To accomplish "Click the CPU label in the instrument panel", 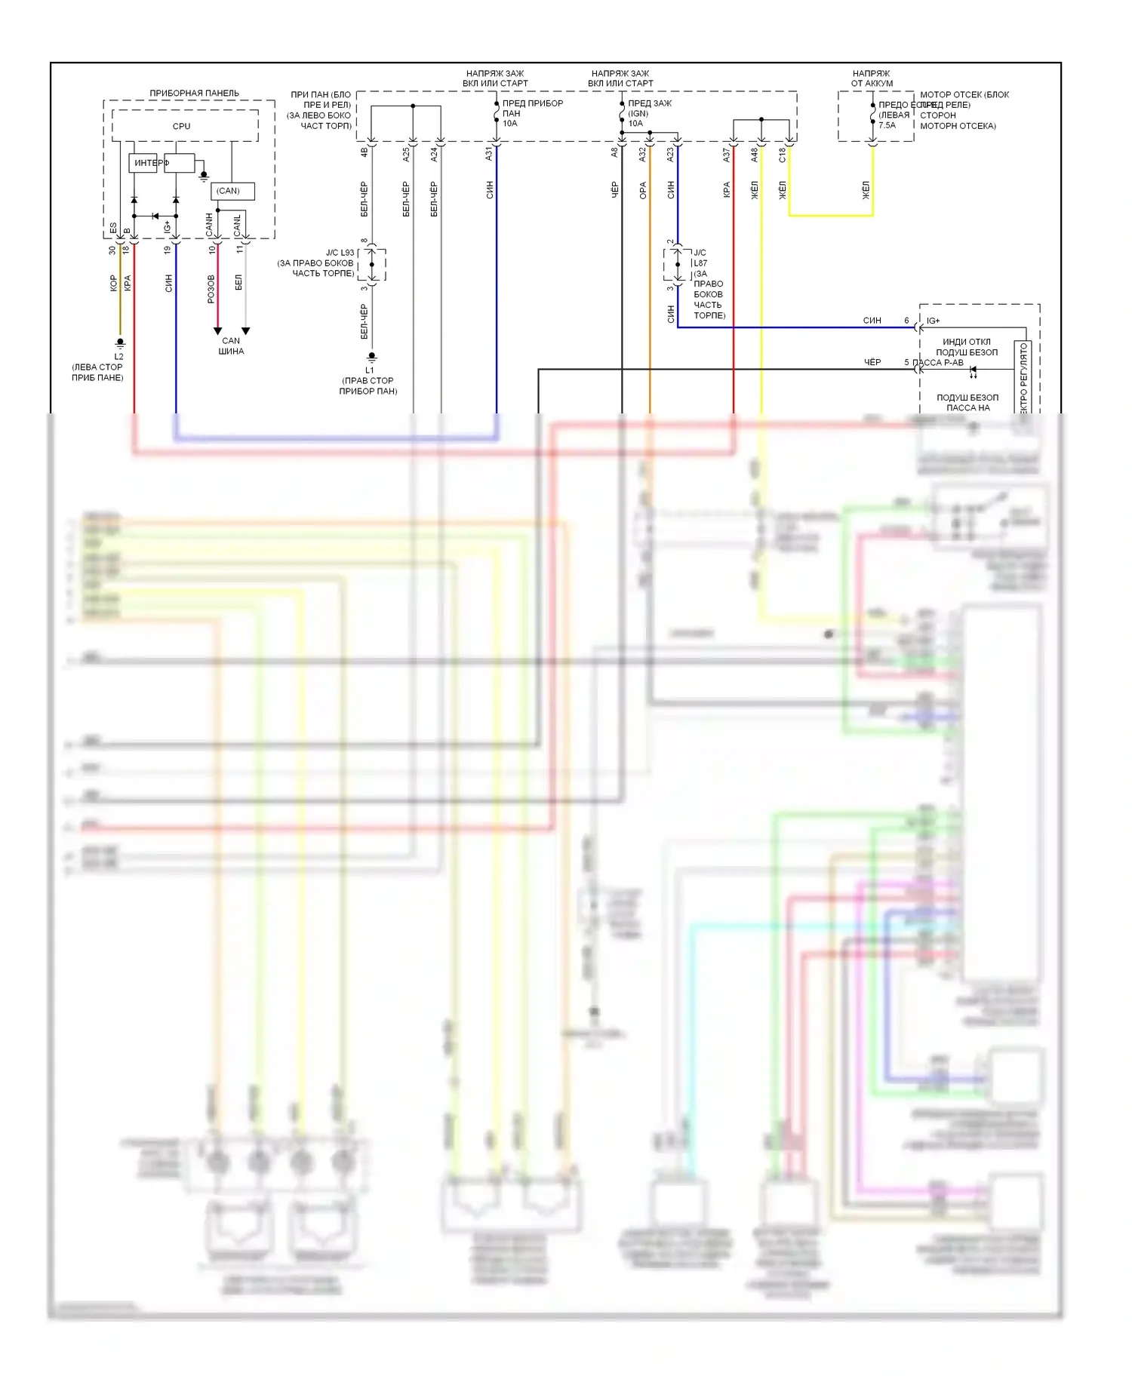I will pyautogui.click(x=181, y=126).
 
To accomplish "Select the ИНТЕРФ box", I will pyautogui.click(x=143, y=163).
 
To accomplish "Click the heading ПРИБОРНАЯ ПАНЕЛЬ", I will pyautogui.click(x=194, y=93).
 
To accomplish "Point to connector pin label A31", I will pyautogui.click(x=489, y=154).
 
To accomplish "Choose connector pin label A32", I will pyautogui.click(x=642, y=154).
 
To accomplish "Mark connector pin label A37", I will pyautogui.click(x=726, y=155).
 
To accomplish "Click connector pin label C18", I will pyautogui.click(x=782, y=155).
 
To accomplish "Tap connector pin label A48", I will pyautogui.click(x=754, y=155).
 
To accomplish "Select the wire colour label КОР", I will pyautogui.click(x=113, y=283).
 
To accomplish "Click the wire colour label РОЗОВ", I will pyautogui.click(x=211, y=289).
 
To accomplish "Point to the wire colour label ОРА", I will pyautogui.click(x=643, y=190).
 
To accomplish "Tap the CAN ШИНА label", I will pyautogui.click(x=231, y=346).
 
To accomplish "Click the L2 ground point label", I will pyautogui.click(x=118, y=356).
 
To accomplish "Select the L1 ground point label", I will pyautogui.click(x=369, y=370).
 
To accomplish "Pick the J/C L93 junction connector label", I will pyautogui.click(x=340, y=253).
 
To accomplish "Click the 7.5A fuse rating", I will pyautogui.click(x=887, y=125).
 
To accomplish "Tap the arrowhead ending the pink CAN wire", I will pyautogui.click(x=217, y=331).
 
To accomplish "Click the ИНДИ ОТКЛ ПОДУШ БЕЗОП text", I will pyautogui.click(x=967, y=347).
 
